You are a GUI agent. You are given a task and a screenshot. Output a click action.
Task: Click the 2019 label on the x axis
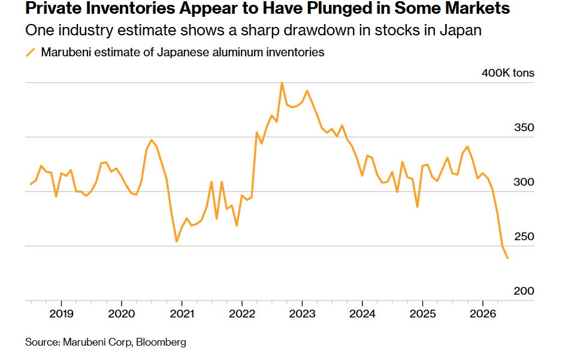coord(61,313)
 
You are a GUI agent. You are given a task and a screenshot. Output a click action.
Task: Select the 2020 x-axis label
coord(121,313)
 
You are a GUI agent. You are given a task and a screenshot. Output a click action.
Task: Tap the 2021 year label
coord(182,313)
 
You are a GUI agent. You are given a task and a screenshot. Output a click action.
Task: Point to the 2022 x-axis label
coord(242,313)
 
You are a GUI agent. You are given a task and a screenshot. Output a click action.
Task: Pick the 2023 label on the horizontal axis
coord(302,313)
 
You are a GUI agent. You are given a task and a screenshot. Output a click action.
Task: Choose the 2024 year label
coord(362,313)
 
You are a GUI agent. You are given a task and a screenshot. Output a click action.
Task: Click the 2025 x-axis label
coord(422,313)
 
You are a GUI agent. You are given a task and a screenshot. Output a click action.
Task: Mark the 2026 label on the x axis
coord(482,313)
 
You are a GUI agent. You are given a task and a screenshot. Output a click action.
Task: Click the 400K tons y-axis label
coord(507,73)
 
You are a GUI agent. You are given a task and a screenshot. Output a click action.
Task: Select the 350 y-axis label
coord(524,128)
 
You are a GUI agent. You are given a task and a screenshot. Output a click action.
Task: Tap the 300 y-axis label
coord(524,181)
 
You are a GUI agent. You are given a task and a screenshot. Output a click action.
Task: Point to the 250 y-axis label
coord(524,236)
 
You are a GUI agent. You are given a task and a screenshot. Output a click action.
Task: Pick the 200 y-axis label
coord(524,291)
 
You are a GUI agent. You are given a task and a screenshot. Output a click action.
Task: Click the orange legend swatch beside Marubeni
coord(31,53)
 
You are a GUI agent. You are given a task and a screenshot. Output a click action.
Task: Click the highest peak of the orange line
coord(282,83)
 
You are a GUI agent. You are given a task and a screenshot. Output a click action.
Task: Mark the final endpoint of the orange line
coord(507,258)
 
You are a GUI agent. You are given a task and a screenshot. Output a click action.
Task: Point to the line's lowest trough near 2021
coord(177,241)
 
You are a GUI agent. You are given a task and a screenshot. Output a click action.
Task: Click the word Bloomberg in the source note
coord(161,342)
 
